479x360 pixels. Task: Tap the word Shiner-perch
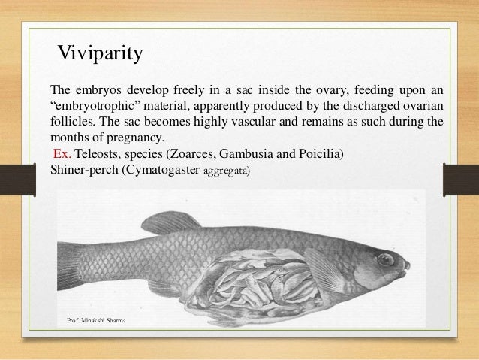click(80, 169)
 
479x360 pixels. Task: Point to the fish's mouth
click(406, 266)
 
